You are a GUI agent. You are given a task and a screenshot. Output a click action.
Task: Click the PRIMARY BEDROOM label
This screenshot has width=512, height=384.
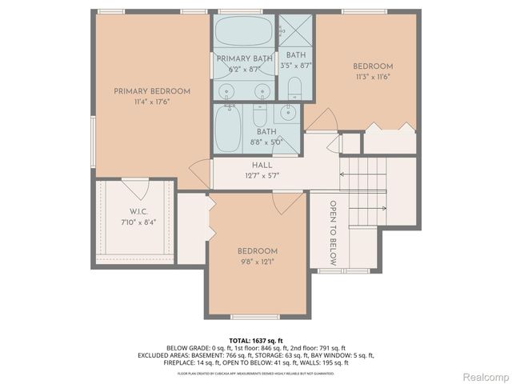152,91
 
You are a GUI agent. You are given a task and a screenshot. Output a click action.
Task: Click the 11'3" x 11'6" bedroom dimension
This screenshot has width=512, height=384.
373,77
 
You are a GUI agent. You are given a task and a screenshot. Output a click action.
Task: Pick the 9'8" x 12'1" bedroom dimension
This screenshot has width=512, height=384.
258,261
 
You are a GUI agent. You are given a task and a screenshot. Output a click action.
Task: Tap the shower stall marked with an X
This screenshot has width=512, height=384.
294,30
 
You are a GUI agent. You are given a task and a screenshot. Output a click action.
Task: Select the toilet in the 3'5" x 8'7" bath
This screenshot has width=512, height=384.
294,87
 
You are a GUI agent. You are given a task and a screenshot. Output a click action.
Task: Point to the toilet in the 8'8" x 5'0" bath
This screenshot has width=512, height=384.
290,132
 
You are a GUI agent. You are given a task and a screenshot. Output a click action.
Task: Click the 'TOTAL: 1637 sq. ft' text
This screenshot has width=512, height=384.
255,340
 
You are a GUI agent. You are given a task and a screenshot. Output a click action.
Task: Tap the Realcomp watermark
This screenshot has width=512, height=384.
483,376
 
